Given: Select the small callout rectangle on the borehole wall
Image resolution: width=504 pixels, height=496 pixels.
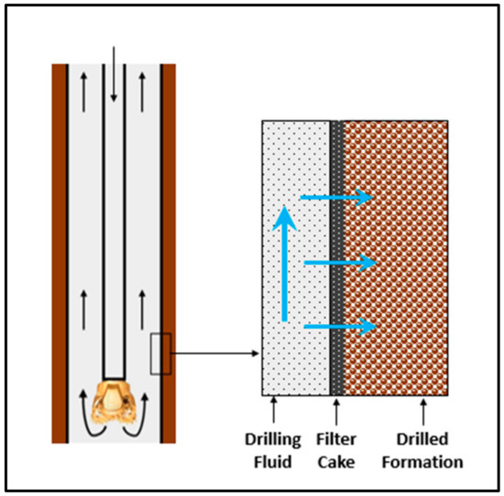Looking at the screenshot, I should pos(160,354).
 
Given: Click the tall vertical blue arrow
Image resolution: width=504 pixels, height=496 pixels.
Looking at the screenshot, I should pos(286,265).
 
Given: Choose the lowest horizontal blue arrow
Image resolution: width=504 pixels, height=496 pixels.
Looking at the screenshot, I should pos(339,326).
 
